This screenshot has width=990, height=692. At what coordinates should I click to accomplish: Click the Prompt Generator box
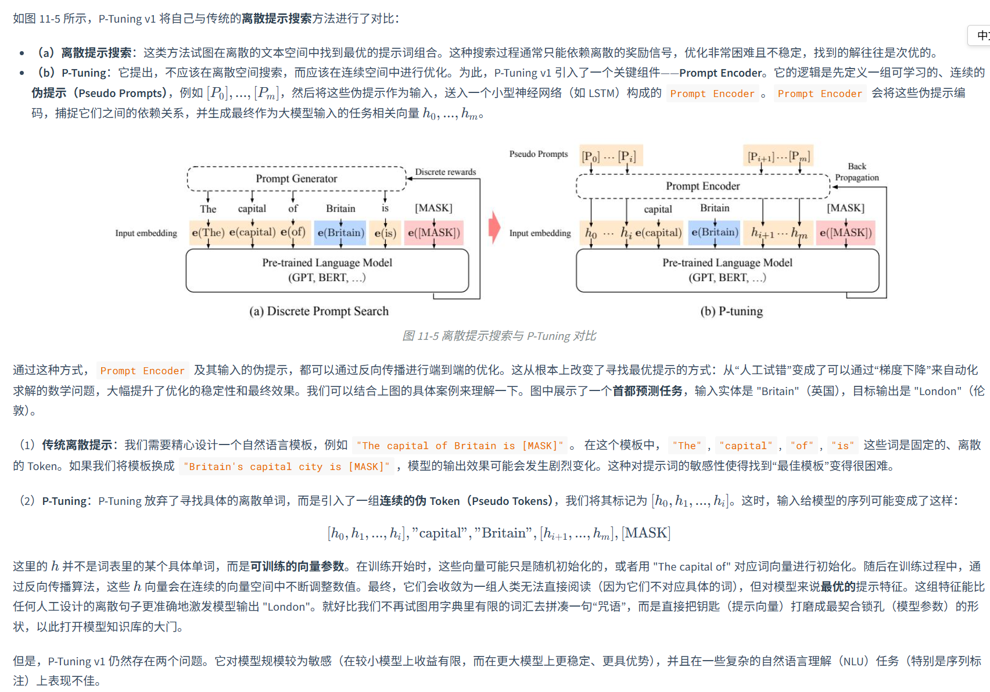pyautogui.click(x=296, y=179)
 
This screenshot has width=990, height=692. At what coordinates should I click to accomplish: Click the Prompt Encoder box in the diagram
pyautogui.click(x=702, y=187)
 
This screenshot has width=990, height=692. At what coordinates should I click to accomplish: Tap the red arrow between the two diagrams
pyautogui.click(x=494, y=227)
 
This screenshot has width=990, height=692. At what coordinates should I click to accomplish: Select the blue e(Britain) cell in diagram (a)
pyautogui.click(x=340, y=233)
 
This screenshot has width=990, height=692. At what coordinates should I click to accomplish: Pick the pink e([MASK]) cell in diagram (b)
pyautogui.click(x=845, y=233)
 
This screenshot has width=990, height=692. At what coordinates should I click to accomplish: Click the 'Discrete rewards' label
pyautogui.click(x=445, y=172)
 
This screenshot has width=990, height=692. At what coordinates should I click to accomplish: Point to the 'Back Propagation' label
pyautogui.click(x=857, y=172)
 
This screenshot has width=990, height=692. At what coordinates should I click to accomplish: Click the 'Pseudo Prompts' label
pyautogui.click(x=538, y=154)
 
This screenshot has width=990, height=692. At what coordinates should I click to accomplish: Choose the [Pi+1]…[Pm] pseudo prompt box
pyautogui.click(x=779, y=156)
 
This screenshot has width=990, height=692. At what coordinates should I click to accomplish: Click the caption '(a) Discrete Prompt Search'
pyautogui.click(x=319, y=311)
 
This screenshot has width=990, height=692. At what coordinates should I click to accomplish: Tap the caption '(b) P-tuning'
pyautogui.click(x=731, y=311)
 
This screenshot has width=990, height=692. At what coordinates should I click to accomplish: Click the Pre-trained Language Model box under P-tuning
pyautogui.click(x=727, y=270)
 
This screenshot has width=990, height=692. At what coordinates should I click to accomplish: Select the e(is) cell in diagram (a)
pyautogui.click(x=385, y=233)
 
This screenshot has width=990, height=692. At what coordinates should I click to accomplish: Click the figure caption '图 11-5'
pyautogui.click(x=499, y=336)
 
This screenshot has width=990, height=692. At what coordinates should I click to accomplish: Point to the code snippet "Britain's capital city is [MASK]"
pyautogui.click(x=287, y=467)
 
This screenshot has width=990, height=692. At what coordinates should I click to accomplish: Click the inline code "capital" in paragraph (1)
pyautogui.click(x=746, y=446)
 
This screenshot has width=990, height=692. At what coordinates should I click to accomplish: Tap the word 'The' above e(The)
pyautogui.click(x=208, y=209)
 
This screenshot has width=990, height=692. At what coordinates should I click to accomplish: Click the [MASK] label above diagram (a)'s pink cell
pyautogui.click(x=433, y=208)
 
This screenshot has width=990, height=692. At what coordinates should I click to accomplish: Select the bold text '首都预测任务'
pyautogui.click(x=647, y=391)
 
